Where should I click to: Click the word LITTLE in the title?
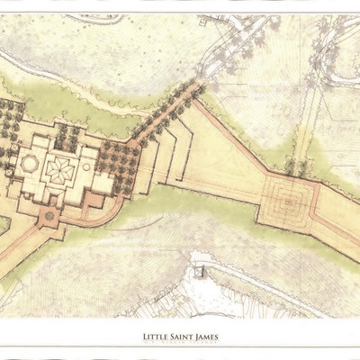point(156,337)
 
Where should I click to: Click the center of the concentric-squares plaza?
point(287,201)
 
